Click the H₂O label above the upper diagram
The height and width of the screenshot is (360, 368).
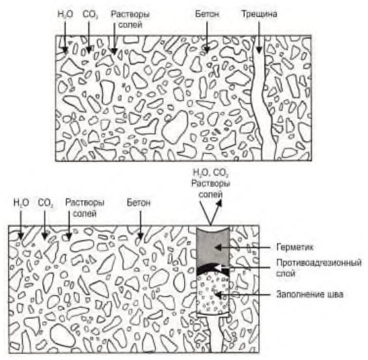[x=65, y=14]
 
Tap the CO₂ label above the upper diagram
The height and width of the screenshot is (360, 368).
[x=90, y=14]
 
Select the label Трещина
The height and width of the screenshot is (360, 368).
[x=259, y=14]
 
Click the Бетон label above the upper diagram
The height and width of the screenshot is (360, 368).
[x=207, y=14]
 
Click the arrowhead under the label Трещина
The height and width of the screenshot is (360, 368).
[x=259, y=50]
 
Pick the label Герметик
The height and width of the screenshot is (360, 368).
[x=295, y=247]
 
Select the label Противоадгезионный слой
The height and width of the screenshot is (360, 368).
[x=319, y=268]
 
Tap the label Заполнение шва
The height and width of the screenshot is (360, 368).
[x=309, y=294]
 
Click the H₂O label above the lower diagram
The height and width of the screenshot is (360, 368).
[x=21, y=203]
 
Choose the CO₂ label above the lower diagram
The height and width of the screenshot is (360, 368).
[x=46, y=203]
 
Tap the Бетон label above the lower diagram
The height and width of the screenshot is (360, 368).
[x=138, y=202]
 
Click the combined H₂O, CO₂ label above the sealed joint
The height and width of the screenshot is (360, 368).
[x=211, y=174]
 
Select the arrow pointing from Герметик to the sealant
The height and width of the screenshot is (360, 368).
[x=243, y=247]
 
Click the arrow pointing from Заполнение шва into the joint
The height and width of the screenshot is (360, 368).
[x=243, y=294]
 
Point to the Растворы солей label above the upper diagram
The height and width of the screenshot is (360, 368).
[x=130, y=19]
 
